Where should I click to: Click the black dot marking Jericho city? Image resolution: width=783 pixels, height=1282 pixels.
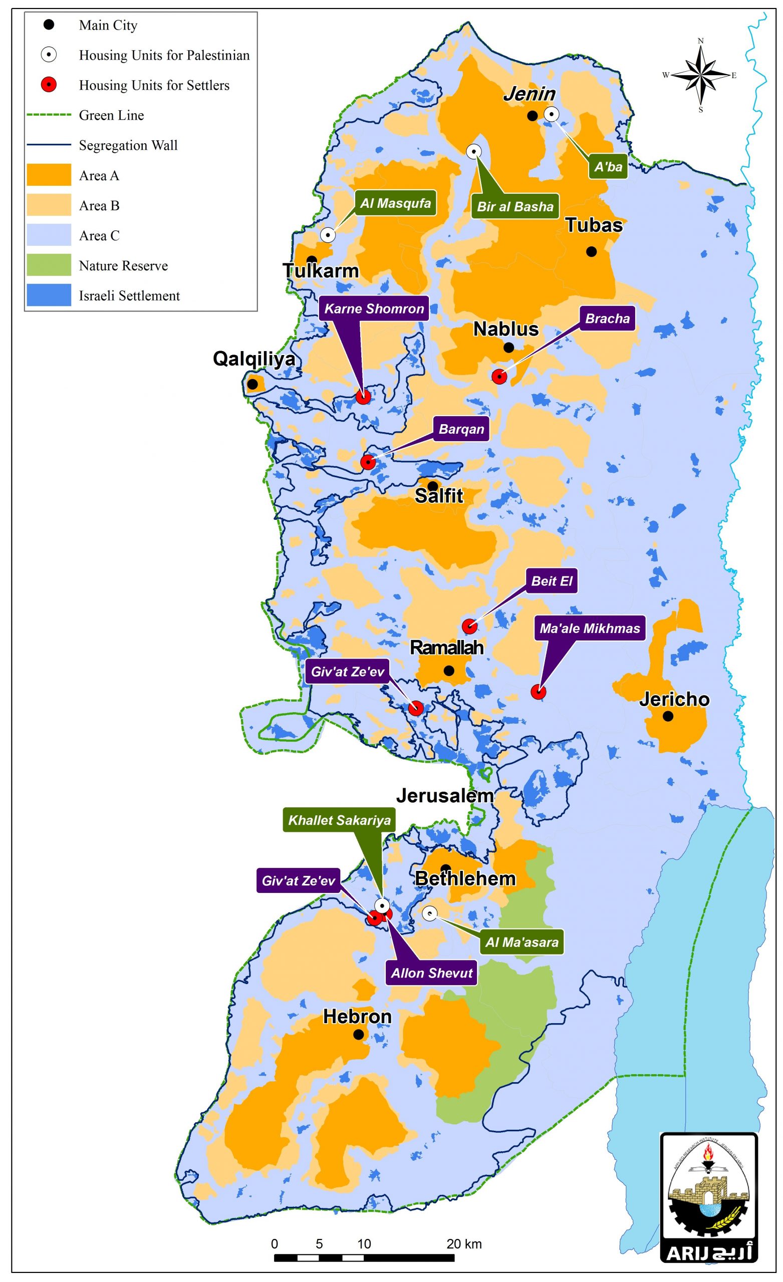(x=667, y=717)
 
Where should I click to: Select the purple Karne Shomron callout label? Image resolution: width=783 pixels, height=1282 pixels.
(x=374, y=308)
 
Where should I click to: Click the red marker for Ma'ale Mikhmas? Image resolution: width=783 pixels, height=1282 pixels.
(x=538, y=692)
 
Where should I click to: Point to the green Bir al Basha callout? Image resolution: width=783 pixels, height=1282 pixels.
(x=515, y=206)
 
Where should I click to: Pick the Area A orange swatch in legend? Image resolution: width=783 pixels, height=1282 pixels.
(x=49, y=175)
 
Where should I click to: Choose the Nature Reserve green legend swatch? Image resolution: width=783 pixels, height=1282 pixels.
(x=49, y=265)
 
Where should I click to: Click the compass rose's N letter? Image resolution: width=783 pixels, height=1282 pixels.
(x=700, y=41)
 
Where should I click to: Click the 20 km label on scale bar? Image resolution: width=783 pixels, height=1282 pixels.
(x=464, y=1244)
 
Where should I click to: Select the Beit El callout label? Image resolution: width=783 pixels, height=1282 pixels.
(x=552, y=581)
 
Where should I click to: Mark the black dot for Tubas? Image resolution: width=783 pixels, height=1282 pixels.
(x=591, y=251)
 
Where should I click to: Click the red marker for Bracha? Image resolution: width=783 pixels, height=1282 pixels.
(x=499, y=376)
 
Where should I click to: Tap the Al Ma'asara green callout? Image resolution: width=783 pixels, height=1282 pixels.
(x=521, y=942)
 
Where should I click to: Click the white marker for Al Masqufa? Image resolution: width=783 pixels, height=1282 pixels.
(x=327, y=235)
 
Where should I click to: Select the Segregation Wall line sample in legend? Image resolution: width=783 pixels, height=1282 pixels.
(x=49, y=145)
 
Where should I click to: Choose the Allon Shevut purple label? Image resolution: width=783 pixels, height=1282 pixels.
(x=432, y=973)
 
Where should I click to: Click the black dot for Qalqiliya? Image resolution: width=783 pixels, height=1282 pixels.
(x=252, y=384)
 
